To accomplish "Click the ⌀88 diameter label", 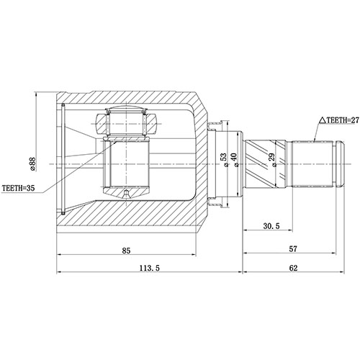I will (32, 164).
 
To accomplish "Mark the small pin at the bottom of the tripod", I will (127, 194).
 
